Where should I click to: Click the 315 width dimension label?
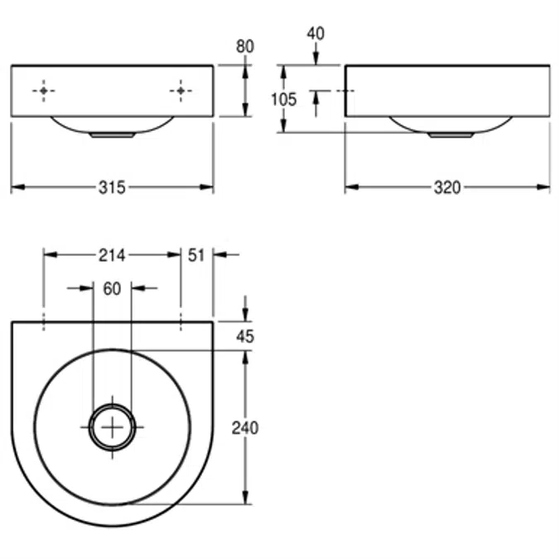(x=112, y=188)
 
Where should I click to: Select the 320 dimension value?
(x=447, y=188)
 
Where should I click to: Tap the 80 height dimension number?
(x=245, y=47)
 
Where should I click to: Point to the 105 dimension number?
(x=284, y=99)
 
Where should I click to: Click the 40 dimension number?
(x=316, y=33)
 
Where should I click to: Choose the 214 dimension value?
(x=112, y=255)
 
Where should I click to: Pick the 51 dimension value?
(x=196, y=255)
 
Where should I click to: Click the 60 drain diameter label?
(x=112, y=288)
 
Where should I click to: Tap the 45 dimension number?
(x=245, y=336)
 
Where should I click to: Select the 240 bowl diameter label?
(x=245, y=428)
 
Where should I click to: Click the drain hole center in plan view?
(x=112, y=426)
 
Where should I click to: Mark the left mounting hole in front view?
(x=44, y=91)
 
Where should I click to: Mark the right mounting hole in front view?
(x=181, y=91)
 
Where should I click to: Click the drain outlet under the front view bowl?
(x=112, y=133)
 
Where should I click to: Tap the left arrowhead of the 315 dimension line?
(x=16, y=187)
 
